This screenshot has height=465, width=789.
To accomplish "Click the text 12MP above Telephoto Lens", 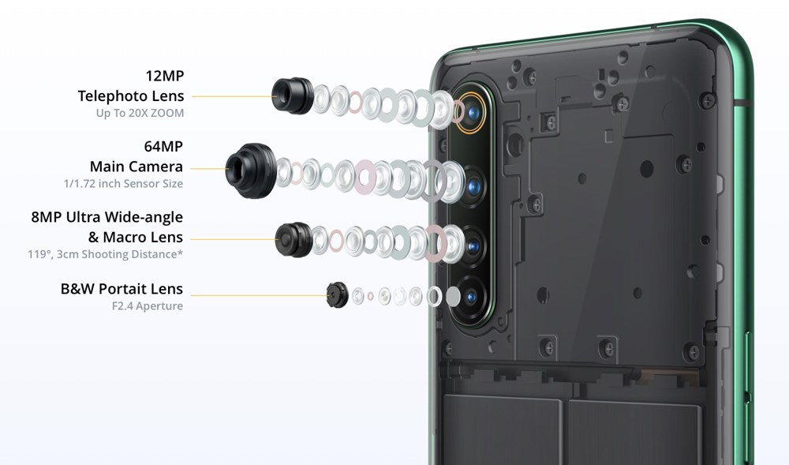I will pos(164,76).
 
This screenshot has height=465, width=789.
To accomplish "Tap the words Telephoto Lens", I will pos(131,96).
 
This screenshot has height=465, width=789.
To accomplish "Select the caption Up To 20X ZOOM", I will pos(140,113).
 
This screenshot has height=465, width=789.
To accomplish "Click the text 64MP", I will pos(163,147).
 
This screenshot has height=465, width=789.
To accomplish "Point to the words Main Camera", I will pos(136,167).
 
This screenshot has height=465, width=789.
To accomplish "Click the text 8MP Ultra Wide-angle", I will pos(107,217).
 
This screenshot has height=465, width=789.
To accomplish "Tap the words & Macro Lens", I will pos(136,237).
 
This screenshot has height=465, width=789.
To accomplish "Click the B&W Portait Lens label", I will pos(122,289).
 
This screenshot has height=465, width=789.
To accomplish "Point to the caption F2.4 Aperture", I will pos(147,306).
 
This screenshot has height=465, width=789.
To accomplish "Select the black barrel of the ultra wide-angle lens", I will pos(293,239).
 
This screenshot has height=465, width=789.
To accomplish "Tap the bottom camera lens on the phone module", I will pos(471,297).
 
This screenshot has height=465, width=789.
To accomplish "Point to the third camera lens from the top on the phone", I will pos(472,246).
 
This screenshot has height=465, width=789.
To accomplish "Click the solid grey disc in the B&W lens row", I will pos(453,297).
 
